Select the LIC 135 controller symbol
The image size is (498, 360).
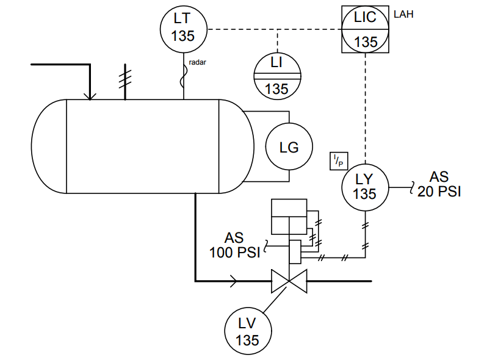pos(365,29)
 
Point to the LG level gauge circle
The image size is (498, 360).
pos(289,147)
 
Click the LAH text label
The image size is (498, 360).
pos(403,14)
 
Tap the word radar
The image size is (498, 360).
pos(198,63)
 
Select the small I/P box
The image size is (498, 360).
pos(337,161)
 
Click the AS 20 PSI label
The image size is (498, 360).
pos(439,184)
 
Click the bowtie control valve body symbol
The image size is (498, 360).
pos(290,281)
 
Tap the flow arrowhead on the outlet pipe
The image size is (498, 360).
pos(234,281)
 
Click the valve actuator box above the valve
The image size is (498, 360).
pos(290,217)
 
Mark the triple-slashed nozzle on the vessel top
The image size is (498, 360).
pos(125,79)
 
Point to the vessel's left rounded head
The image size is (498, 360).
pos(49,146)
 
